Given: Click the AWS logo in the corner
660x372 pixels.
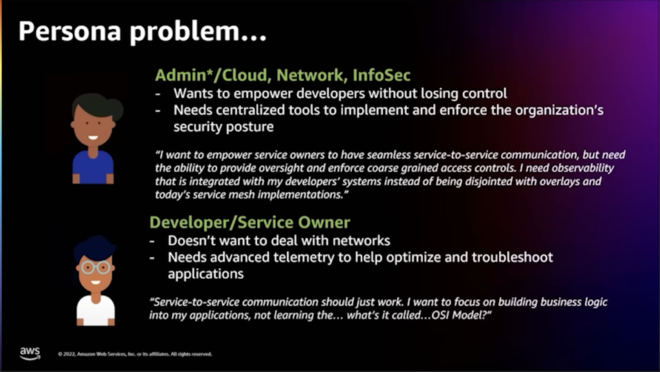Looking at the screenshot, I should tap(30, 353).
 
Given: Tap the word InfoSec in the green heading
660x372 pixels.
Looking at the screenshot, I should tap(381, 76).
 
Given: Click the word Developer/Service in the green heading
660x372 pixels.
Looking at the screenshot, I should tap(223, 223).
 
